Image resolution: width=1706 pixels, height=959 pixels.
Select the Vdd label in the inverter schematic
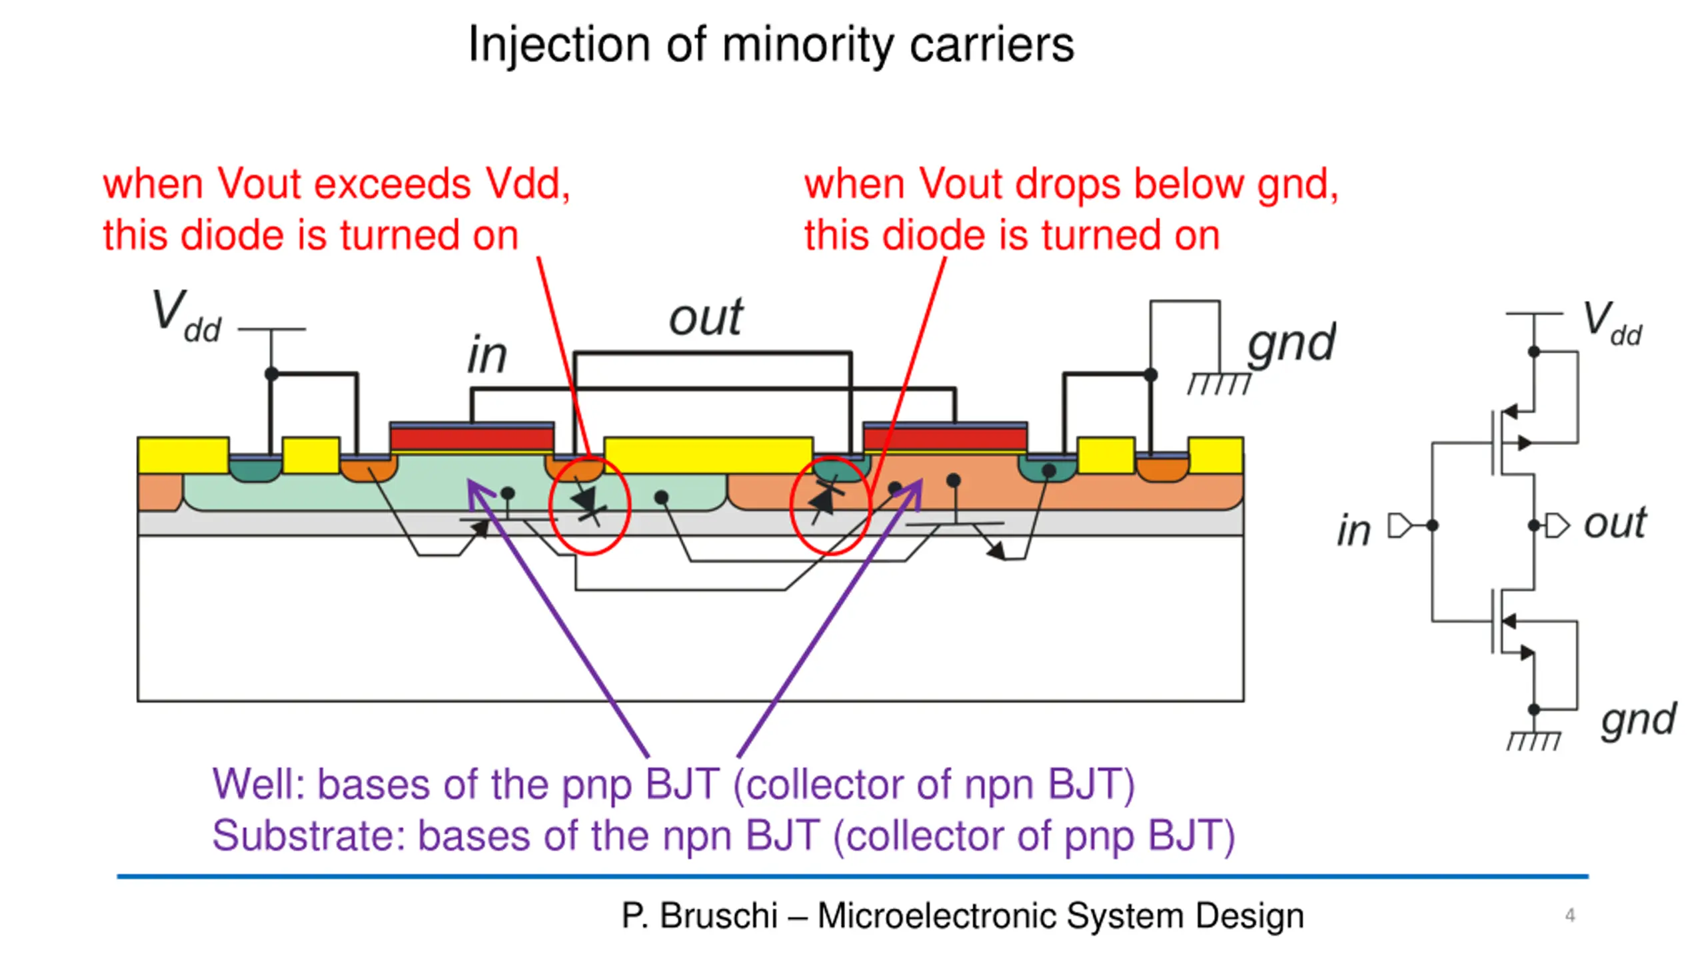[x=1613, y=324]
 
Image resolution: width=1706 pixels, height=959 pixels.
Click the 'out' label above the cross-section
[x=706, y=318]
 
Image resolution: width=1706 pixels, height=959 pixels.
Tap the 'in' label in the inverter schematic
[x=1353, y=531]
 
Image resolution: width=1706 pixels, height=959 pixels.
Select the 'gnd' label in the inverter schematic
[x=1639, y=720]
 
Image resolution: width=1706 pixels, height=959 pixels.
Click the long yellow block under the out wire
[x=708, y=456]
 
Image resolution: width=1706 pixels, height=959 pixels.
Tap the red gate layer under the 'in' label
[x=472, y=440]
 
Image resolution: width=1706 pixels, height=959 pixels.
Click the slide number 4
[x=1570, y=915]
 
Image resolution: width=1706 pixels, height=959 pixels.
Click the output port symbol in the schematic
[x=1557, y=525]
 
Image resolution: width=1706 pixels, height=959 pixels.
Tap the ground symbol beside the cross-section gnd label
[x=1219, y=383]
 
